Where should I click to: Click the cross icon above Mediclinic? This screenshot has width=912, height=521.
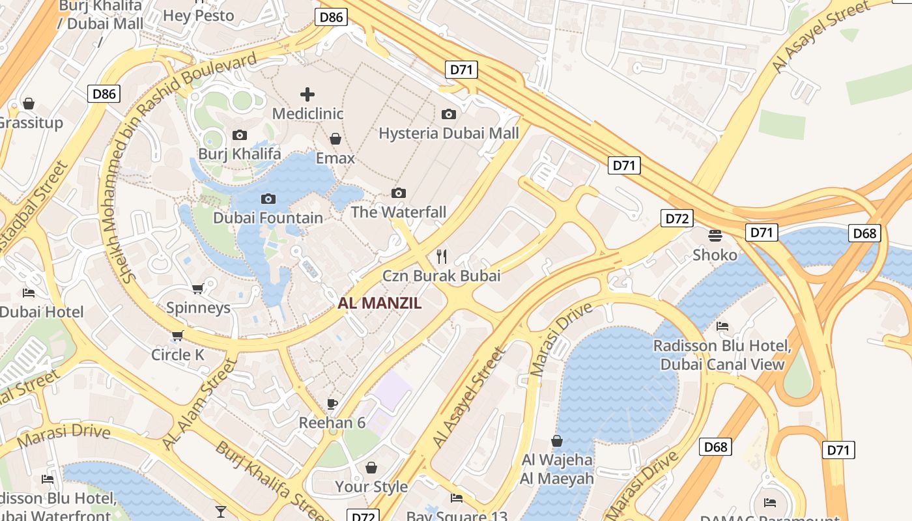click(307, 94)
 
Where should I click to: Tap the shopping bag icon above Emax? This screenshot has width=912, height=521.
click(335, 139)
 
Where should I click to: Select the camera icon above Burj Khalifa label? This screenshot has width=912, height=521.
click(240, 135)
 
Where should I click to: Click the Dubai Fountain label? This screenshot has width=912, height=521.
click(268, 218)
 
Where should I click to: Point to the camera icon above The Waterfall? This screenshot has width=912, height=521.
click(399, 193)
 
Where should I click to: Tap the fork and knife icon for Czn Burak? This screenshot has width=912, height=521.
click(442, 256)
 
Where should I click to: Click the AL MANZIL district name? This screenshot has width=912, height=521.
click(380, 303)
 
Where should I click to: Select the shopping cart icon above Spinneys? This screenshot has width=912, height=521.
click(198, 289)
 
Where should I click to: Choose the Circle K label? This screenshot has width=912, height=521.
click(178, 355)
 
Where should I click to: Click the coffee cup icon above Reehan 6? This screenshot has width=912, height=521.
click(332, 404)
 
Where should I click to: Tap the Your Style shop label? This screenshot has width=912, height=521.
click(371, 486)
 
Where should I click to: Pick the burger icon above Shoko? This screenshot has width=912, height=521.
click(715, 235)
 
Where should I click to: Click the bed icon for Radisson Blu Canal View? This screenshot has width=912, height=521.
click(722, 326)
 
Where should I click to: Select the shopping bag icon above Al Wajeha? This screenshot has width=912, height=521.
click(557, 441)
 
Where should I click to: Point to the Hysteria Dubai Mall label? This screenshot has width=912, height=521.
click(449, 134)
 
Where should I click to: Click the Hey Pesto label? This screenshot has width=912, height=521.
click(198, 15)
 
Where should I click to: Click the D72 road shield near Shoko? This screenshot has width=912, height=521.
click(676, 218)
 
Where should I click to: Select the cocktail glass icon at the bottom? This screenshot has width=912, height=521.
click(221, 511)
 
